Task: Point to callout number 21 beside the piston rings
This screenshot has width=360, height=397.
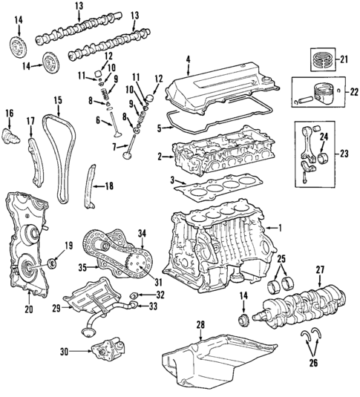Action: (343, 59)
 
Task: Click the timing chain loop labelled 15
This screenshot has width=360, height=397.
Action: (56, 156)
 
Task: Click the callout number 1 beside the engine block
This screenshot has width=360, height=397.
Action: (281, 228)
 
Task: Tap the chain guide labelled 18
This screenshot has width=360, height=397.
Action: (88, 189)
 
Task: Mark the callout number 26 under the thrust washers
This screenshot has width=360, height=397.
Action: (312, 363)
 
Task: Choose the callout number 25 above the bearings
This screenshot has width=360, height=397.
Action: (282, 258)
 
